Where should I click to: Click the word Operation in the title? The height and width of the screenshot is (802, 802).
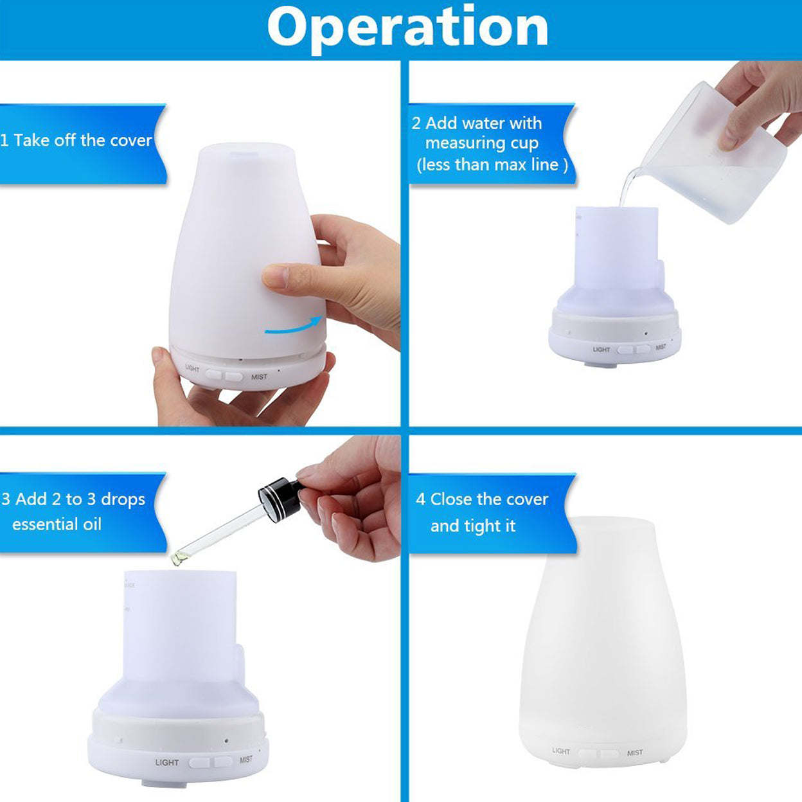[407, 27]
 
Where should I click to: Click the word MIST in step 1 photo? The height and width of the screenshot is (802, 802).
[259, 377]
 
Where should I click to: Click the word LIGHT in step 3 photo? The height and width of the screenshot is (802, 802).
[166, 762]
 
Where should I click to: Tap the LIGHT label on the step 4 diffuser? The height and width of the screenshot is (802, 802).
[560, 751]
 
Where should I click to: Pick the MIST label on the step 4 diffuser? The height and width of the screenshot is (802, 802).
[635, 753]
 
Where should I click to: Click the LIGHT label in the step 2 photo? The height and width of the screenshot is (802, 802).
[601, 350]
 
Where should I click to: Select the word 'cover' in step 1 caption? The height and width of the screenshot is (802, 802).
[131, 140]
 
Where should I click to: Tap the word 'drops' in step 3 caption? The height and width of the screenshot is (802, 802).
[123, 499]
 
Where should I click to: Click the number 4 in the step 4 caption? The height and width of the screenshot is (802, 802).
[420, 499]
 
